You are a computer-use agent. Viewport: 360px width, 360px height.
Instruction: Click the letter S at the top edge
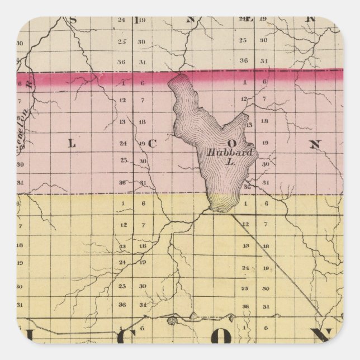pyautogui.click(x=73, y=21)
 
